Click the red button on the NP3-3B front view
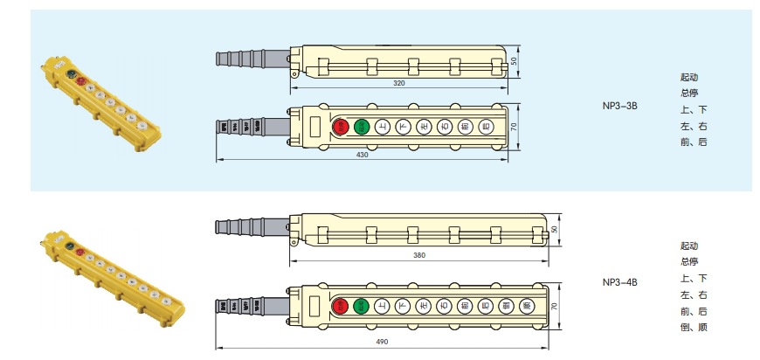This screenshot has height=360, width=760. [341, 127]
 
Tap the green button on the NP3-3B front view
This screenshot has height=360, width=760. [362, 127]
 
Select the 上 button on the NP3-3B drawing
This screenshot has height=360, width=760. [383, 127]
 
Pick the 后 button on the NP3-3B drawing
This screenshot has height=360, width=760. [487, 127]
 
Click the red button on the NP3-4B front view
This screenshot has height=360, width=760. [340, 306]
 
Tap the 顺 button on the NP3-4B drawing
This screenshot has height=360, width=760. [527, 306]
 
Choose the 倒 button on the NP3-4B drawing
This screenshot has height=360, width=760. [507, 306]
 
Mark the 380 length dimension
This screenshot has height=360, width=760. [421, 256]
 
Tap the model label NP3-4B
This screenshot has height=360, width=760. [620, 282]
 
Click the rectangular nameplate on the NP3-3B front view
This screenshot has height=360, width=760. [315, 128]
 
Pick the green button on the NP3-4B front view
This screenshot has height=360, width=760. [360, 306]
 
